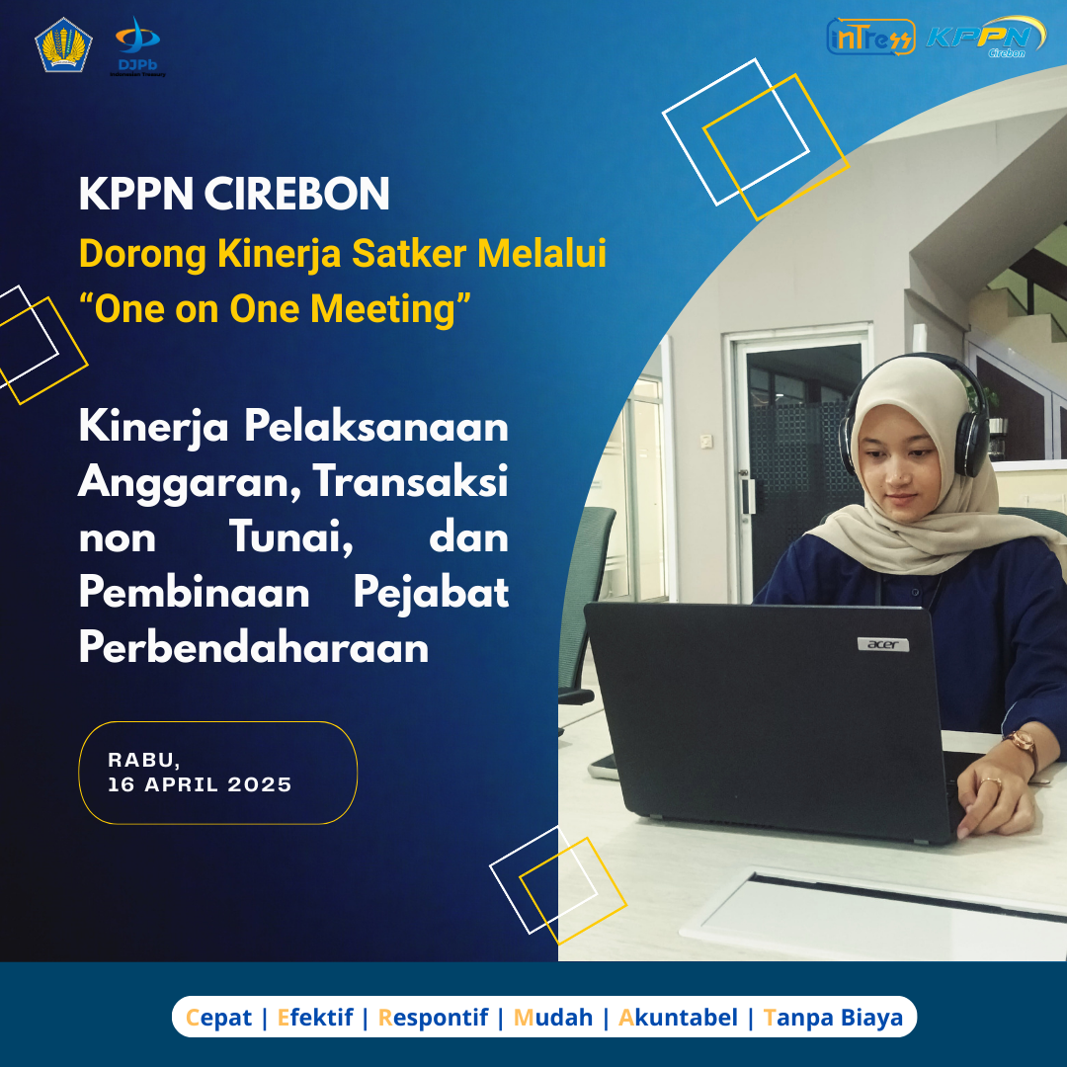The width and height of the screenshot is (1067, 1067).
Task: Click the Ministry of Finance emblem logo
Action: (x=63, y=44)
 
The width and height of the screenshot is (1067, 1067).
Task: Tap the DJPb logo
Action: (x=137, y=47)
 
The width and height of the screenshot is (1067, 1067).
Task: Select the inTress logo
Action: (x=870, y=37)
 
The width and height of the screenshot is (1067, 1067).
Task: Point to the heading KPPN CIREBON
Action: (x=234, y=194)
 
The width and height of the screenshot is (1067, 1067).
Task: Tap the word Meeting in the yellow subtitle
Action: (x=382, y=309)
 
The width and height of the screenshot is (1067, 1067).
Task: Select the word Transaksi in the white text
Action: (x=410, y=482)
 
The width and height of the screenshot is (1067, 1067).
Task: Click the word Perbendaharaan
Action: (x=254, y=647)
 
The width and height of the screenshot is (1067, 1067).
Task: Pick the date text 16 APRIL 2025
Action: (x=200, y=784)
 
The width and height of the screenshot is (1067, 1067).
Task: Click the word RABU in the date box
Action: (x=142, y=760)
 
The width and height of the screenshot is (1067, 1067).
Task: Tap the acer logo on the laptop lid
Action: (x=883, y=644)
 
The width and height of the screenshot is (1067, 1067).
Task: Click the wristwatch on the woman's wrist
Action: (x=1024, y=747)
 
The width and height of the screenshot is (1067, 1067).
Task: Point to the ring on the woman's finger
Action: (x=991, y=781)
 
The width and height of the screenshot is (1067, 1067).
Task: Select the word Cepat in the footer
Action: (x=218, y=1018)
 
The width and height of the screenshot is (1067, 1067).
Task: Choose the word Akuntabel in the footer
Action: (x=678, y=1018)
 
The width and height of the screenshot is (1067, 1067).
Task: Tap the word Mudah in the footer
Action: (x=552, y=1018)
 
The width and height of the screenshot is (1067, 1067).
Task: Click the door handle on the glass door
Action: (x=749, y=496)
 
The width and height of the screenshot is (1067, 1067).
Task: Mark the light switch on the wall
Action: (x=706, y=441)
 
